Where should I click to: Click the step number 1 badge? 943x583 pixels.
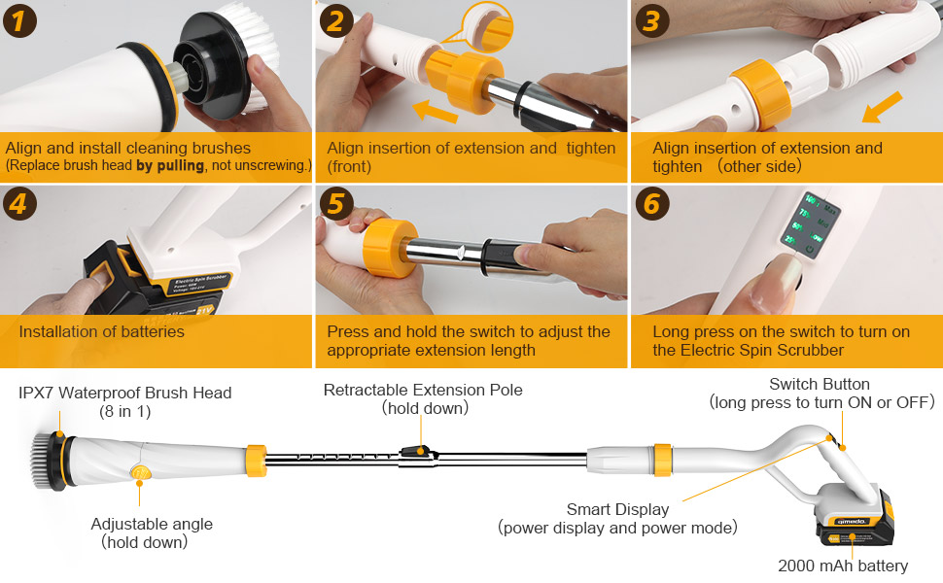(19, 20)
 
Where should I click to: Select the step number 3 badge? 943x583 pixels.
(652, 20)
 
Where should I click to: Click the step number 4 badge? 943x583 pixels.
(19, 204)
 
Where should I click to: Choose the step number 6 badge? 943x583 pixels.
(652, 204)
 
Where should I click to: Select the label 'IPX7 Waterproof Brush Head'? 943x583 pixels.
(125, 393)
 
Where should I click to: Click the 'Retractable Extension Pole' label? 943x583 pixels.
(423, 390)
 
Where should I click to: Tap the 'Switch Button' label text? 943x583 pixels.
(819, 385)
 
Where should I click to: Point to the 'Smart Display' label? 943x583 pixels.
(617, 509)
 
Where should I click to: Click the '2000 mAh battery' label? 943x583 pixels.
(842, 566)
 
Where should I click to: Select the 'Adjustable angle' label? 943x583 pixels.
(152, 524)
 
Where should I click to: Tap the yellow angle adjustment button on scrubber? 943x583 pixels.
(140, 474)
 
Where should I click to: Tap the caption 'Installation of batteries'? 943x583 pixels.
(101, 331)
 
